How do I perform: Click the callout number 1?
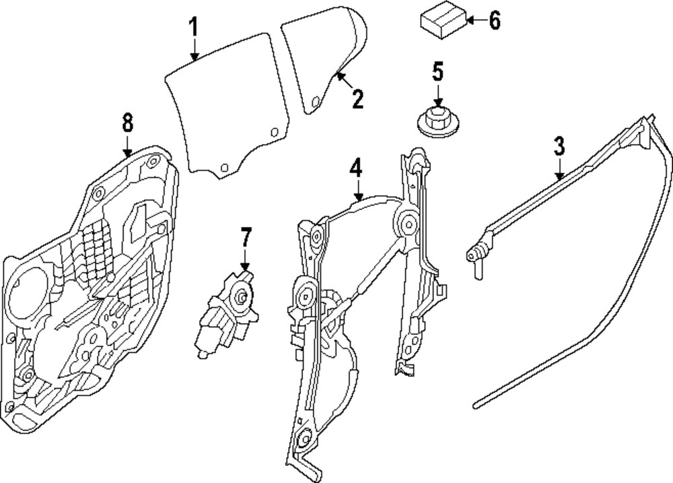click(193, 28)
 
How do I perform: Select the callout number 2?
click(357, 100)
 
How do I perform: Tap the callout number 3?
click(559, 146)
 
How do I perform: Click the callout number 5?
click(438, 70)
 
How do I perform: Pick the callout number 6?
click(494, 21)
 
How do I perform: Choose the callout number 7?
click(245, 238)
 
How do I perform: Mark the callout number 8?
click(127, 123)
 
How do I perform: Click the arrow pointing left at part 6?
click(472, 21)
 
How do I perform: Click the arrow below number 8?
click(128, 146)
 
